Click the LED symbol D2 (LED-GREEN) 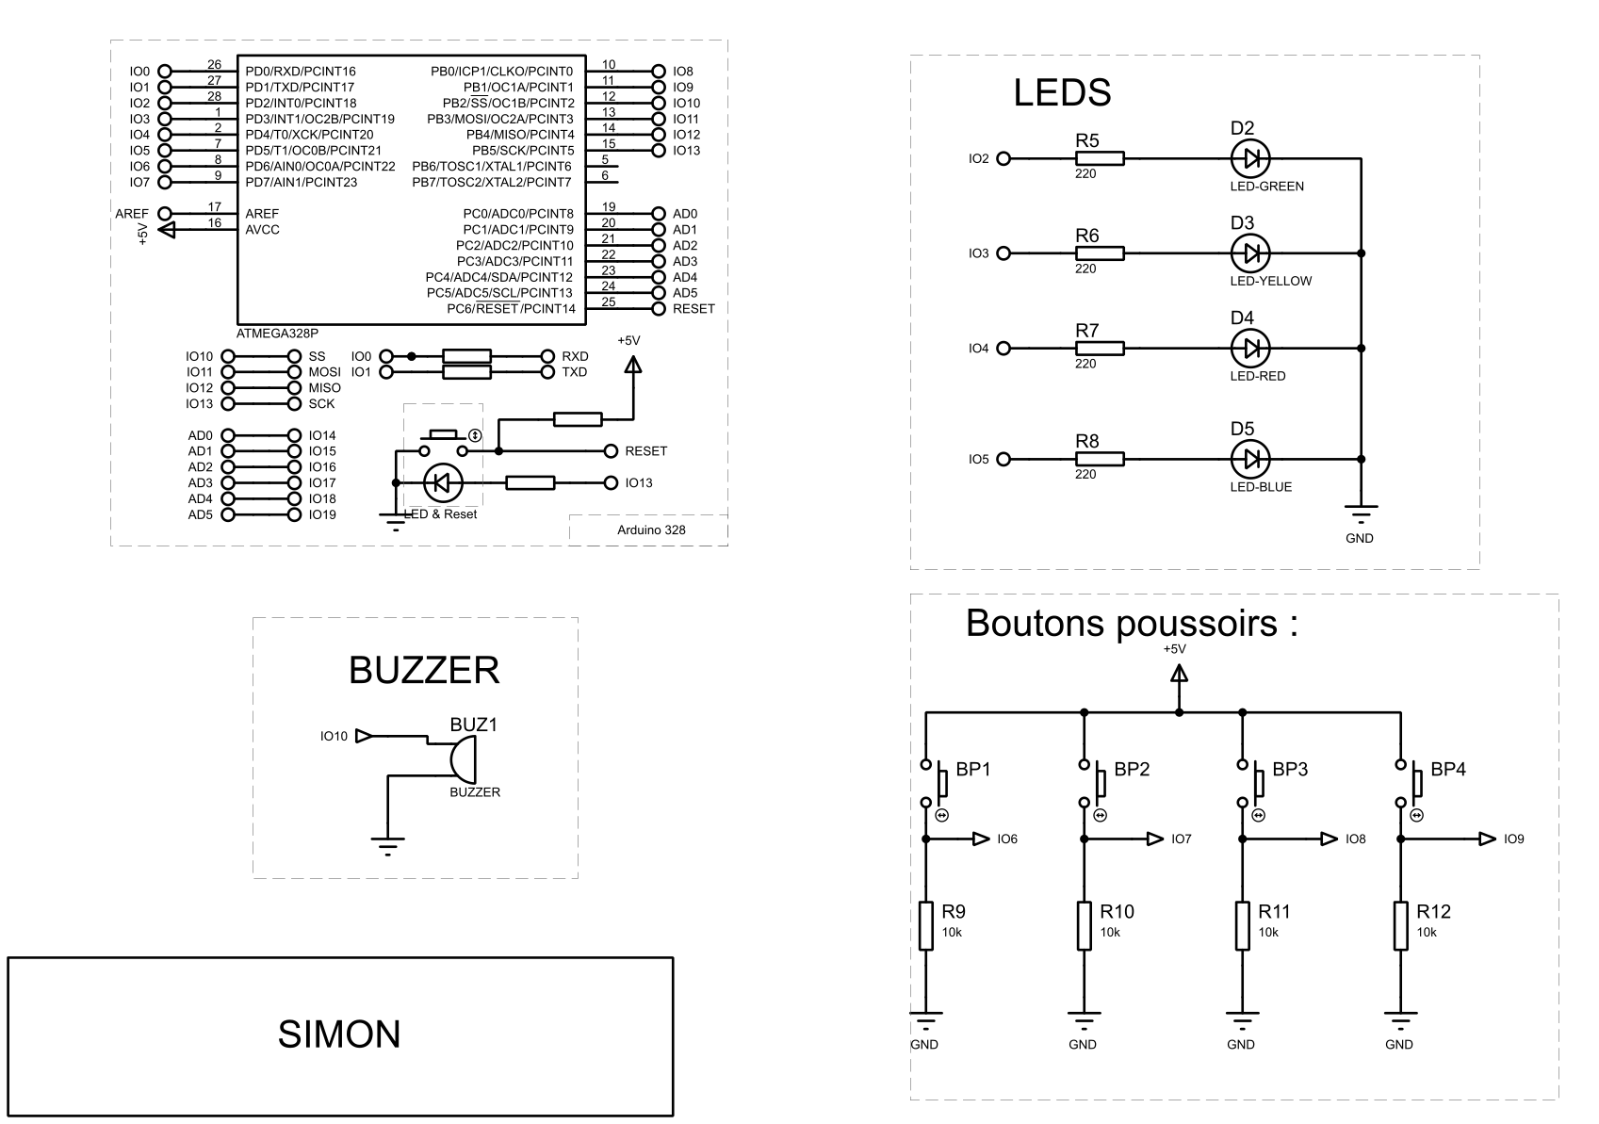click(x=1250, y=158)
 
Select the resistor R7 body click(x=1100, y=349)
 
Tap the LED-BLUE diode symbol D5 click(x=1250, y=460)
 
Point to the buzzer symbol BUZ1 click(x=463, y=758)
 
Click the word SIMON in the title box click(x=339, y=1034)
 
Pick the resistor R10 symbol click(x=1085, y=925)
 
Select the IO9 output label click(x=1513, y=839)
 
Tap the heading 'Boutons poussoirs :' click(x=1132, y=624)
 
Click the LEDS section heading click(x=1062, y=92)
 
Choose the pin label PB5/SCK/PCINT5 click(x=523, y=151)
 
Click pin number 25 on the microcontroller click(x=609, y=302)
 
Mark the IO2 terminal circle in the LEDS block click(x=1003, y=159)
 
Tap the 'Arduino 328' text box click(x=651, y=529)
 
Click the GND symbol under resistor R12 click(x=1401, y=1018)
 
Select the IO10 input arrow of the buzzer click(x=364, y=737)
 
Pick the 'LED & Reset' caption click(x=441, y=514)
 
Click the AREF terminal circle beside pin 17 click(x=165, y=214)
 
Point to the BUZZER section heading click(x=424, y=671)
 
